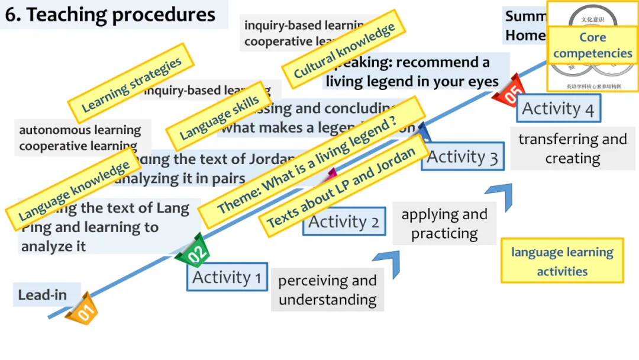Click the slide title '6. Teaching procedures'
point(111,15)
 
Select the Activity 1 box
point(227,277)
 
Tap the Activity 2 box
point(344,222)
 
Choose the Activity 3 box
point(462,157)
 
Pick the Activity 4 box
point(558,109)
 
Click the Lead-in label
point(42,295)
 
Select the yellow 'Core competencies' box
point(592,46)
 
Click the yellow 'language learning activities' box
point(562,261)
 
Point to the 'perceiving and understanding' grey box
point(327,290)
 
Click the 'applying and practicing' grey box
point(444,224)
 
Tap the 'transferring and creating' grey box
point(572,149)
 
